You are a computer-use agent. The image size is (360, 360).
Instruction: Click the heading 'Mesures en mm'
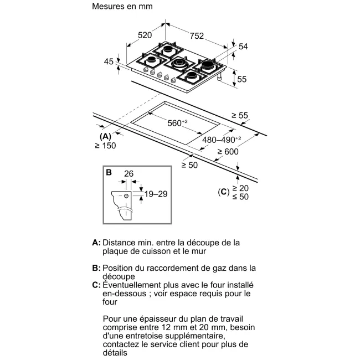tap(122, 7)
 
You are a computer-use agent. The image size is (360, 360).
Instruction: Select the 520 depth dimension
tap(145, 35)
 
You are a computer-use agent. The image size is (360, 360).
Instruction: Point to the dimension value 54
tap(243, 47)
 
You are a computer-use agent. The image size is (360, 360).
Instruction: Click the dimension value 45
tap(109, 61)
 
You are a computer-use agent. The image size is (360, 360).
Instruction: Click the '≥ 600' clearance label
tap(228, 152)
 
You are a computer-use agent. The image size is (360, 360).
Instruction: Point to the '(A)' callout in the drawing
tap(105, 136)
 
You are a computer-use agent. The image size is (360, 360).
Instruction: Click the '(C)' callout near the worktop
tap(224, 192)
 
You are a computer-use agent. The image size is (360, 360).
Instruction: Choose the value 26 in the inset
tap(129, 174)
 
